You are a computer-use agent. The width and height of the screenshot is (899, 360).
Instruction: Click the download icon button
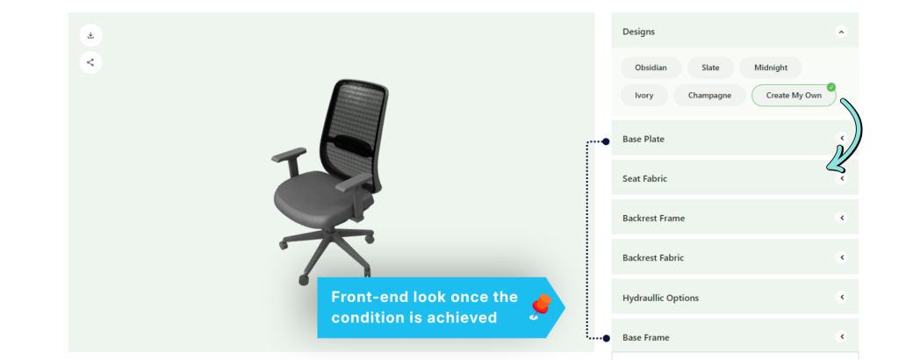(90, 35)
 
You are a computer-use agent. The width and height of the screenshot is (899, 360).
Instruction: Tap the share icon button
(90, 62)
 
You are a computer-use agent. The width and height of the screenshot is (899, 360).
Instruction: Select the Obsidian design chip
(651, 68)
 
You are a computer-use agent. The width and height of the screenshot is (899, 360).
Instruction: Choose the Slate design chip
(710, 68)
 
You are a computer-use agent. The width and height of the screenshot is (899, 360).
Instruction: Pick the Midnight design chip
(771, 68)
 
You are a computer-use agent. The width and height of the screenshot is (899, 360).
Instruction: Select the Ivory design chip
(644, 95)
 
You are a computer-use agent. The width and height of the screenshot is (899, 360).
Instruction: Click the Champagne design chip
(709, 95)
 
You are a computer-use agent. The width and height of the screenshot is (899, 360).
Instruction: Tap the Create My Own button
(794, 95)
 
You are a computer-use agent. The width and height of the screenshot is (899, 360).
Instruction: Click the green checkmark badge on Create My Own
(831, 87)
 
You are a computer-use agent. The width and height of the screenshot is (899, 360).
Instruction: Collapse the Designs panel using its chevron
(841, 32)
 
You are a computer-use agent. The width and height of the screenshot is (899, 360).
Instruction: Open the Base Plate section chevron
(841, 138)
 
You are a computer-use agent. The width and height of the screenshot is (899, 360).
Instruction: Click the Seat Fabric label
(645, 178)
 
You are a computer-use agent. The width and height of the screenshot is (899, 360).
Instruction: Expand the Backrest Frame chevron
(841, 218)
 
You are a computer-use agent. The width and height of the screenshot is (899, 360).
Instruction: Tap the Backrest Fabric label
(653, 258)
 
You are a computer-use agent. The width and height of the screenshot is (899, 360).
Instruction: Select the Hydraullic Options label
(660, 298)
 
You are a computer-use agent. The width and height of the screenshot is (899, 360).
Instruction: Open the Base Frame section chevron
(841, 337)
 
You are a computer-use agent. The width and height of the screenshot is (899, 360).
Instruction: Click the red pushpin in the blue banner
(540, 306)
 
